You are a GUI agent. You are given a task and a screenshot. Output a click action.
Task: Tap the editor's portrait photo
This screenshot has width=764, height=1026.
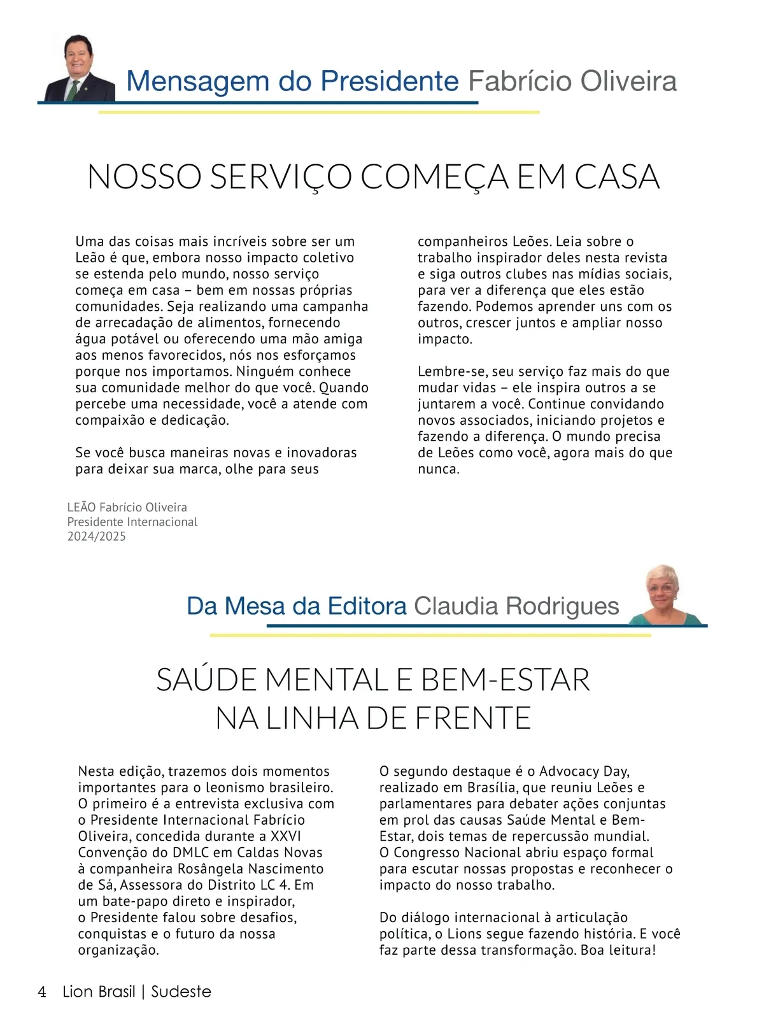click(x=663, y=594)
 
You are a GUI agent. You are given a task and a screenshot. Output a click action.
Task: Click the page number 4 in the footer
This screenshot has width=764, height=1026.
click(x=42, y=992)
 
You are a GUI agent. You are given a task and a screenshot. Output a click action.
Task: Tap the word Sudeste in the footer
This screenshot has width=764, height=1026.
click(x=181, y=992)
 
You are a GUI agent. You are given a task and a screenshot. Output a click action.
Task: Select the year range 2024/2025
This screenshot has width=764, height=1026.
click(x=97, y=536)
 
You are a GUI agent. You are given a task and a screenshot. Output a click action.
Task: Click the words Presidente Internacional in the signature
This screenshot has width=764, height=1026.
click(x=132, y=522)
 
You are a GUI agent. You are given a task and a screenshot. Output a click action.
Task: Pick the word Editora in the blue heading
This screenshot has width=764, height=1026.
click(x=367, y=606)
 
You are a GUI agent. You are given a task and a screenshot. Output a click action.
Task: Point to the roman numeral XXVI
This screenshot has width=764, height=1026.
click(x=286, y=836)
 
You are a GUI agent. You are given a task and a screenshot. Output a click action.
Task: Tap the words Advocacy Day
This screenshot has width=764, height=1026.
click(x=584, y=771)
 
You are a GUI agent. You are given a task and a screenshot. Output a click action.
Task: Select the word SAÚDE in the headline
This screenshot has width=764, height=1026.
click(x=207, y=680)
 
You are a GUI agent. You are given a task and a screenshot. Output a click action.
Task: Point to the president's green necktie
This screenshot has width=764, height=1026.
click(x=74, y=89)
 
